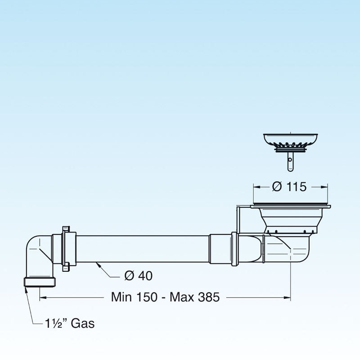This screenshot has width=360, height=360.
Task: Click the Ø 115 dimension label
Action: pyautogui.click(x=289, y=187)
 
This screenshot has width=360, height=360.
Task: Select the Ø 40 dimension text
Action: pyautogui.click(x=138, y=276)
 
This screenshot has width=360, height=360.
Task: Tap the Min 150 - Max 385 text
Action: pyautogui.click(x=165, y=297)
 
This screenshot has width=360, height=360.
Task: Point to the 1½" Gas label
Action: pyautogui.click(x=69, y=323)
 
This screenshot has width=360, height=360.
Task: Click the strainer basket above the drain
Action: pyautogui.click(x=290, y=140)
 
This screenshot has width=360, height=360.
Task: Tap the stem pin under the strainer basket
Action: pyautogui.click(x=290, y=161)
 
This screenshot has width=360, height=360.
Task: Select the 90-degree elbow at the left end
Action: pyautogui.click(x=38, y=255)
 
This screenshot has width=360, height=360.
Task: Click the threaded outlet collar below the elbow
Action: pyautogui.click(x=39, y=282)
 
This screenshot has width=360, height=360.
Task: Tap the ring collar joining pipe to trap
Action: pyautogui.click(x=234, y=249)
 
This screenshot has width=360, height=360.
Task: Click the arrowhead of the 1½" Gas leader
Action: pyautogui.click(x=26, y=289)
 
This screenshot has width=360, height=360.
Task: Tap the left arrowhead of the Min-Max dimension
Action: pyautogui.click(x=42, y=297)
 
